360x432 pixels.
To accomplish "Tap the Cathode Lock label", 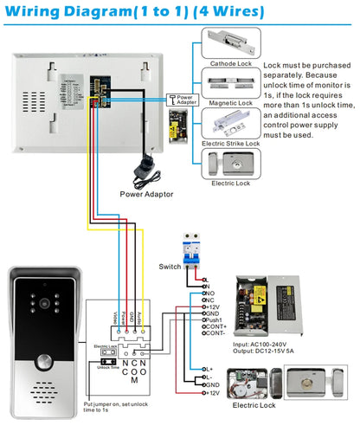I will (x=231, y=61).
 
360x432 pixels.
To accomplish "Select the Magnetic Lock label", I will (x=231, y=102).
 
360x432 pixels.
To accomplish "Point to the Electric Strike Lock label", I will (x=231, y=143).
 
